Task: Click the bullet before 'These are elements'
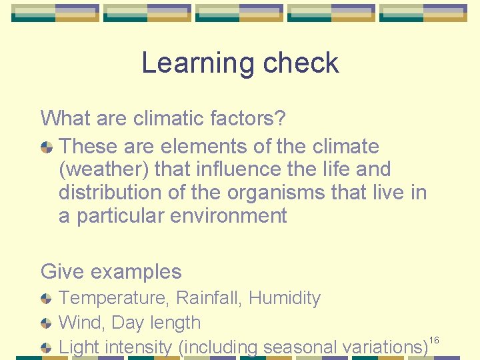click(x=47, y=147)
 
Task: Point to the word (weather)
click(x=104, y=170)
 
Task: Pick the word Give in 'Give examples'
click(x=62, y=272)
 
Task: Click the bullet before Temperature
click(x=47, y=299)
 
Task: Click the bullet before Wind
click(x=47, y=323)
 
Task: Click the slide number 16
click(x=434, y=341)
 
